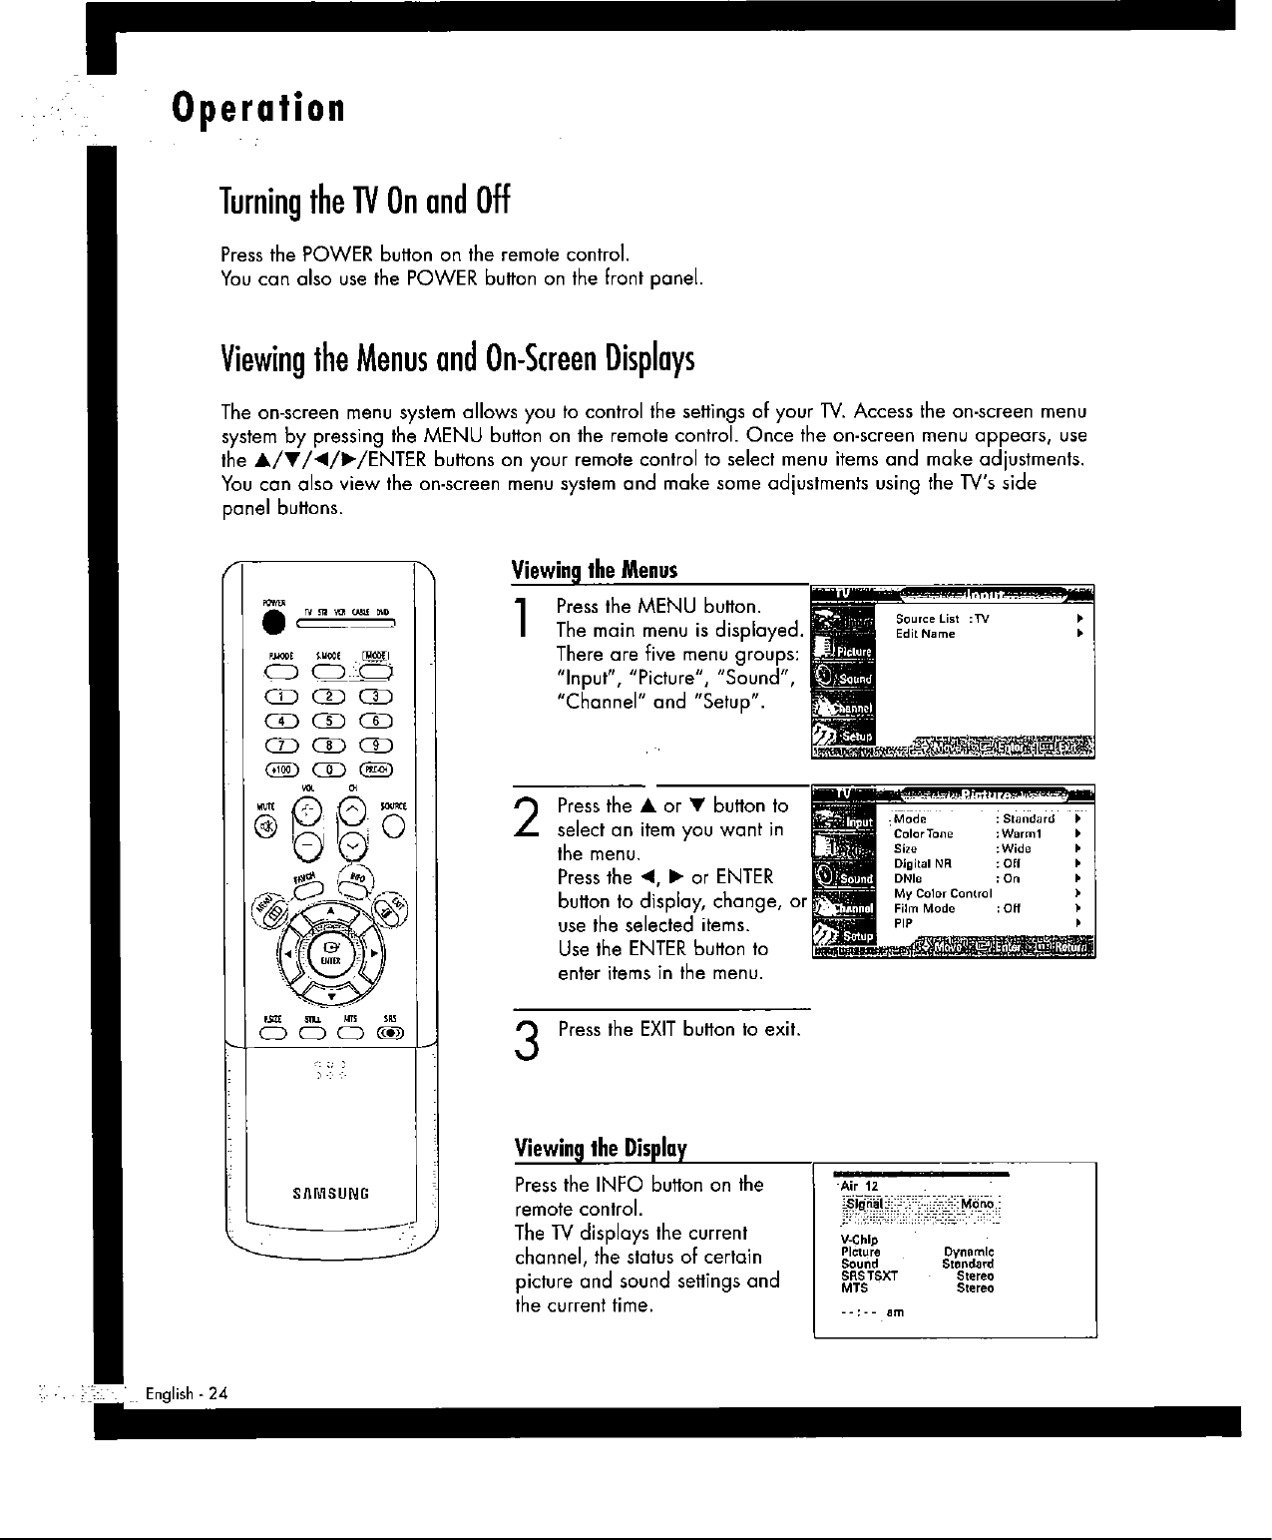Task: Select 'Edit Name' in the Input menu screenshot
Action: tap(925, 634)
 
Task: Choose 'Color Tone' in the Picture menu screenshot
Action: tap(923, 833)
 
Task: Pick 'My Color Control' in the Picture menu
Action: tap(942, 893)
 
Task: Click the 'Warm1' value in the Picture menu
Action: tap(1021, 833)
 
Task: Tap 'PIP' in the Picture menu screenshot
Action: tap(903, 923)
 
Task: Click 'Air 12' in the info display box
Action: tap(858, 1185)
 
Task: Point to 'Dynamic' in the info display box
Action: tap(968, 1252)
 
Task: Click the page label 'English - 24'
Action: tap(188, 1394)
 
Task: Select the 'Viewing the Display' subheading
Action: tap(603, 1148)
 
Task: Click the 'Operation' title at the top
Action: tap(258, 107)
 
